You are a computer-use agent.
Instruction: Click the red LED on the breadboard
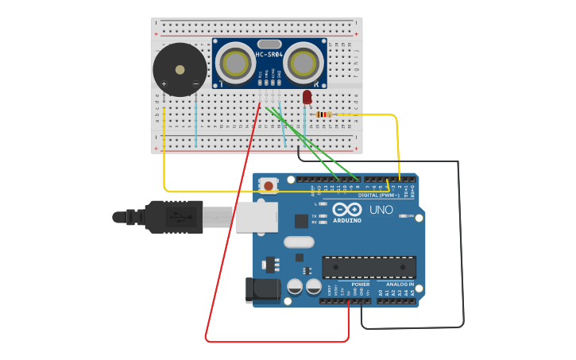click(x=307, y=97)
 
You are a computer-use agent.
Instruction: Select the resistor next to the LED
click(x=323, y=114)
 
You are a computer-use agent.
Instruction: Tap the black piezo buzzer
click(x=180, y=70)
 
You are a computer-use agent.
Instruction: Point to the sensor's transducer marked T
click(x=236, y=63)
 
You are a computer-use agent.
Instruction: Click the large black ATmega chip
click(x=369, y=268)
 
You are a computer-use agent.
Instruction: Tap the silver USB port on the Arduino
click(x=256, y=216)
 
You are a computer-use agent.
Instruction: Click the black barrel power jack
click(x=264, y=290)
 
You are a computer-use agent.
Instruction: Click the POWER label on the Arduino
click(x=360, y=284)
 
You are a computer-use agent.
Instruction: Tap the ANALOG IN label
click(x=400, y=284)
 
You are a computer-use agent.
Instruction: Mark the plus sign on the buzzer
click(x=164, y=83)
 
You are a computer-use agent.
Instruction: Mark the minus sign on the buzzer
click(x=195, y=83)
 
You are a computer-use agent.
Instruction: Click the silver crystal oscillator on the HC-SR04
click(x=269, y=44)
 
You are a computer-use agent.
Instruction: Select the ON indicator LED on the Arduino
click(x=404, y=216)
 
